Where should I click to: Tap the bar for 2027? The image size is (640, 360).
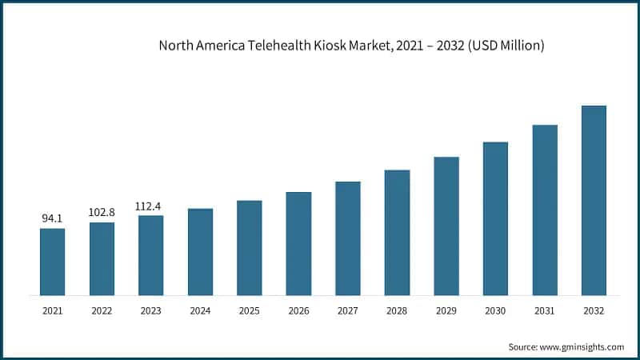[348, 238]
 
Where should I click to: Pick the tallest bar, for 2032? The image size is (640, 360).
[594, 200]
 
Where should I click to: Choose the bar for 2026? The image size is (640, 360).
[298, 243]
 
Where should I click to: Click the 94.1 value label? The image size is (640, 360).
[53, 218]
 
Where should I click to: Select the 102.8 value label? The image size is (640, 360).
[102, 212]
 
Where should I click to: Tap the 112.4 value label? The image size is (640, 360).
[150, 206]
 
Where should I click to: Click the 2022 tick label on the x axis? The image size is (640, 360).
[102, 310]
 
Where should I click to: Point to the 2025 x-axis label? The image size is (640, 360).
[250, 310]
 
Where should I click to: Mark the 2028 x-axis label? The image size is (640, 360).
[397, 310]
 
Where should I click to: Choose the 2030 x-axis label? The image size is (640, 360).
[495, 310]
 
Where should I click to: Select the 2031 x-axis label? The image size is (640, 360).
[545, 310]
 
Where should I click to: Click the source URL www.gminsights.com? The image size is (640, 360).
[583, 346]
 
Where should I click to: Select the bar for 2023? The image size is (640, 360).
[150, 255]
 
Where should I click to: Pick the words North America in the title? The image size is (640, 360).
[203, 46]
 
